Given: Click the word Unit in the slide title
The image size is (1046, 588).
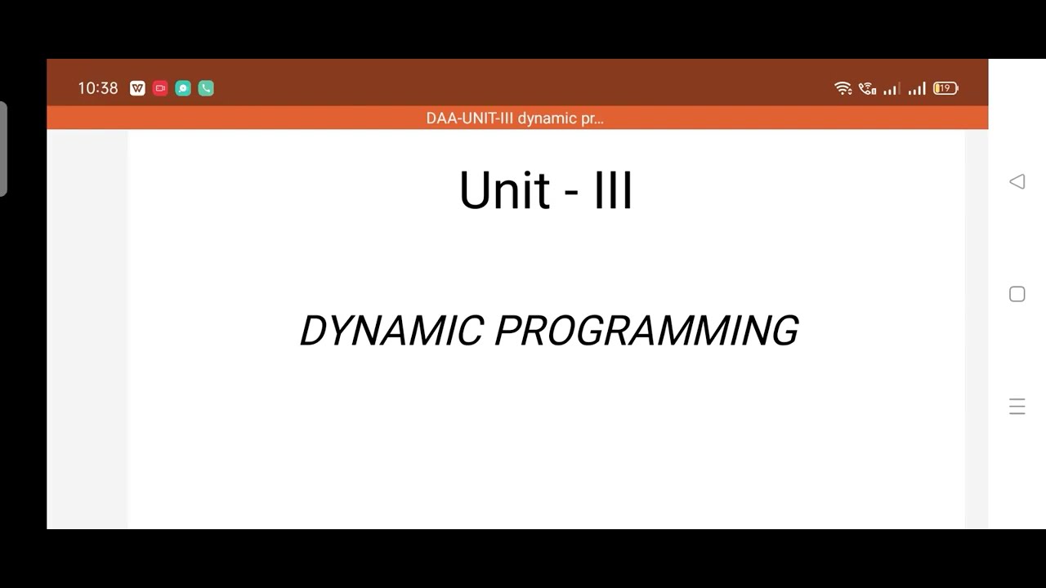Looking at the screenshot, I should tap(503, 191).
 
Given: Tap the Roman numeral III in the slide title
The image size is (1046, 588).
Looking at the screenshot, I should tap(612, 191).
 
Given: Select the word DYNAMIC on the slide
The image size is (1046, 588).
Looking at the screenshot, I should tap(391, 331).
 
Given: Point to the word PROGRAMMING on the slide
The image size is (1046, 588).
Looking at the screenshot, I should tap(646, 331).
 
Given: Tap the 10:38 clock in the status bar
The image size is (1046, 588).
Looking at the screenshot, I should tap(98, 88).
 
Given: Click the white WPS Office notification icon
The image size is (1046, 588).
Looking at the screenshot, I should tap(137, 88).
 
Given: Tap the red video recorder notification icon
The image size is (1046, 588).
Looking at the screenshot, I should tap(160, 88).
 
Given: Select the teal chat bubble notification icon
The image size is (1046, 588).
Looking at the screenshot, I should tap(183, 88).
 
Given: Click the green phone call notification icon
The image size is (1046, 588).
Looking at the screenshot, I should tap(206, 88).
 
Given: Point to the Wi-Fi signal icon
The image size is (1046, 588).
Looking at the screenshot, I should tap(843, 88).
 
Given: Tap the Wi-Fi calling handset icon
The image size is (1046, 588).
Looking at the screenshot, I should tap(867, 88).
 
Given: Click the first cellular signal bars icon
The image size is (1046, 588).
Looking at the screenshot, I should tap(892, 88).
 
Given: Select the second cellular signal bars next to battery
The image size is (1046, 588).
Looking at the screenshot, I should tap(917, 88).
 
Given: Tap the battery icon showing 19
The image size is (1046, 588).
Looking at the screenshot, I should tap(945, 88).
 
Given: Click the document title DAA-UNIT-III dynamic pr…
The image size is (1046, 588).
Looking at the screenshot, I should tap(515, 118).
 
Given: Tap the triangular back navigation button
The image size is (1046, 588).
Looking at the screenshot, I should tap(1017, 181).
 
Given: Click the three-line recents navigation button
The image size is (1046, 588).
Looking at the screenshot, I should tap(1017, 407).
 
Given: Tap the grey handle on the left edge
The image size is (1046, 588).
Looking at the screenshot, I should tap(3, 149).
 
